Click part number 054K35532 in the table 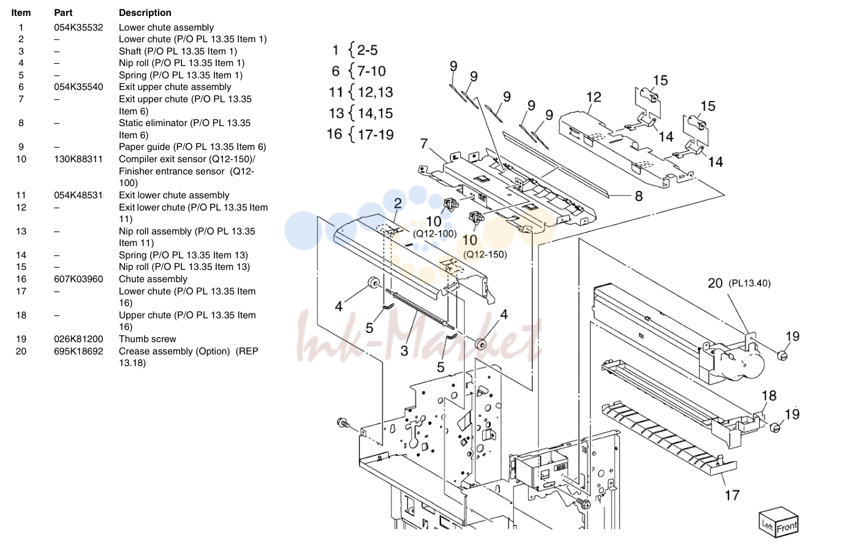(x=78, y=28)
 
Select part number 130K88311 (x=78, y=159)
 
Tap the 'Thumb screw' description (x=148, y=339)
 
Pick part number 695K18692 (x=78, y=351)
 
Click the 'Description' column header (x=145, y=13)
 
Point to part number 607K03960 (x=78, y=279)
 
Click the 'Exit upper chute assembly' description (x=175, y=87)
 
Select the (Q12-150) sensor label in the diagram (x=485, y=255)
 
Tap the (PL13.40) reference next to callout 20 (x=749, y=283)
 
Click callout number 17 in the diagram (x=732, y=495)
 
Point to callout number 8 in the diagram (x=638, y=196)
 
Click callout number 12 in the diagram (x=594, y=97)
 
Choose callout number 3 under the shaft (x=404, y=351)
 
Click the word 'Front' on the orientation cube (x=787, y=527)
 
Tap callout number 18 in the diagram (x=769, y=395)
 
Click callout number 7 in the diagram (x=424, y=143)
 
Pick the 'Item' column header (x=21, y=13)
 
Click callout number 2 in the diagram (x=398, y=203)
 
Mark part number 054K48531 (x=78, y=195)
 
